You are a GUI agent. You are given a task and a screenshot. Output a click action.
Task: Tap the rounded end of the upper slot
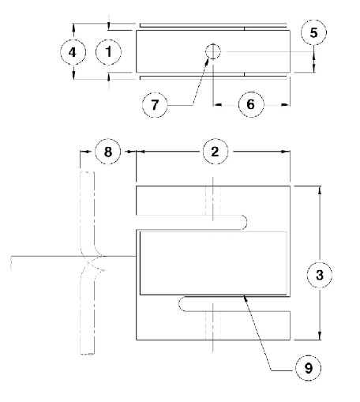(x=245, y=223)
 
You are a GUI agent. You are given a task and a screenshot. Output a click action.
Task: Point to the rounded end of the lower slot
(x=182, y=304)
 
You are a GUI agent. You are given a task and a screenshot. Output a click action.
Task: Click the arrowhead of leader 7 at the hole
(x=208, y=62)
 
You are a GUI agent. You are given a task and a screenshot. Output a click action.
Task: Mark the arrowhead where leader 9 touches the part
(x=246, y=299)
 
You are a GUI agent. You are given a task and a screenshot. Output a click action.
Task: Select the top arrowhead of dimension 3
(x=320, y=190)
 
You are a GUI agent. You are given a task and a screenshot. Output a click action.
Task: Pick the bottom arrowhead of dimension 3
(x=320, y=336)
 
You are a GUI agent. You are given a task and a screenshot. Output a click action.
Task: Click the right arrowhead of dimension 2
(x=286, y=152)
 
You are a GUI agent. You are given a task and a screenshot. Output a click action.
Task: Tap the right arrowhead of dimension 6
(x=286, y=105)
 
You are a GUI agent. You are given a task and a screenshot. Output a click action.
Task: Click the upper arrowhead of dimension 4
(x=73, y=28)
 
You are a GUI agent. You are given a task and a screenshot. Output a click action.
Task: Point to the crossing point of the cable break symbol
(x=93, y=263)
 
